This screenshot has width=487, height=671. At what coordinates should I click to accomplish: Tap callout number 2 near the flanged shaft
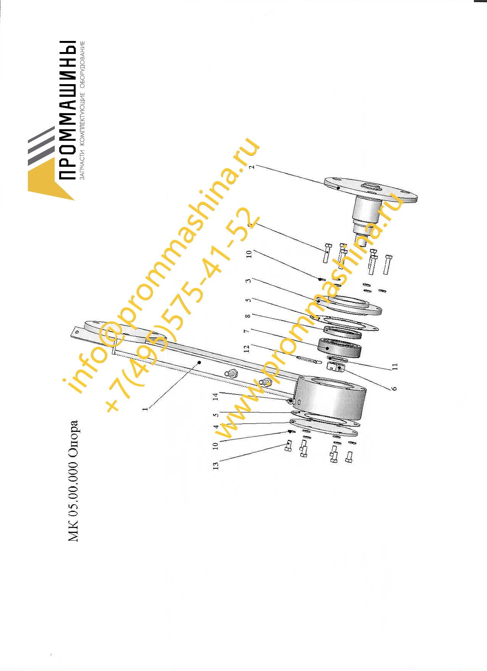coord(251,167)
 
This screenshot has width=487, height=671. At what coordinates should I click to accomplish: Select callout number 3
coord(248,281)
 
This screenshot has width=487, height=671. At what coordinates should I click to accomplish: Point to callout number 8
coord(248,316)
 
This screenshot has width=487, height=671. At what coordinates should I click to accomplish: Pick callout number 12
coord(246,349)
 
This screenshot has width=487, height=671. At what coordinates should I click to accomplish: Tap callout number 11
coord(395,366)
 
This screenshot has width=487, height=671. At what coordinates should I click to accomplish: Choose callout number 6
coord(394,388)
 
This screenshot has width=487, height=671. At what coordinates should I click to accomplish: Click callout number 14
coord(215,397)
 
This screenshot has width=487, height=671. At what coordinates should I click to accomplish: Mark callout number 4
coord(216,427)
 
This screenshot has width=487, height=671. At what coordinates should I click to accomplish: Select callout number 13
coord(216,466)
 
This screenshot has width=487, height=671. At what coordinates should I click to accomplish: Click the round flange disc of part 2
coord(371,191)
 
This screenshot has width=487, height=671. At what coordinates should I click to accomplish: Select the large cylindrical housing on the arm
coord(330,398)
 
